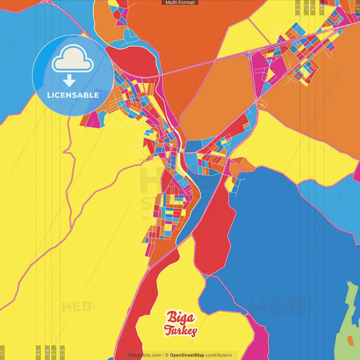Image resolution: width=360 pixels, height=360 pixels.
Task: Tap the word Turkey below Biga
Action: (x=180, y=330)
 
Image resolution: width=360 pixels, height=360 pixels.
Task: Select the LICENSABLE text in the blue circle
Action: (x=73, y=95)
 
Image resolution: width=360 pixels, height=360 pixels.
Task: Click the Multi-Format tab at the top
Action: (x=180, y=3)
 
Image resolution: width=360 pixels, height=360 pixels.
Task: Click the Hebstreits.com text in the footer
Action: (x=145, y=355)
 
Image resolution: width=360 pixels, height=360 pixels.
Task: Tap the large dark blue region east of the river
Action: (x=290, y=236)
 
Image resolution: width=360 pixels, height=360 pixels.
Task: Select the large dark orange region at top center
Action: (x=196, y=34)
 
